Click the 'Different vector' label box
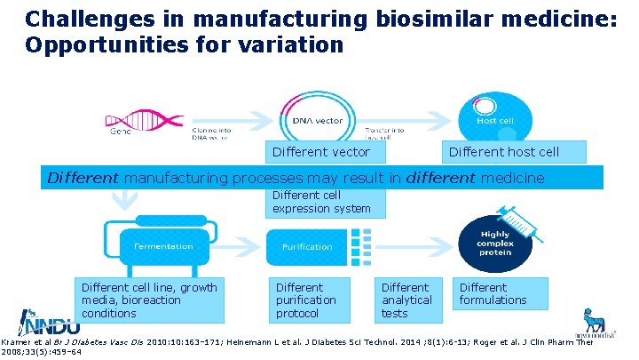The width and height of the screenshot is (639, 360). pyautogui.click(x=320, y=152)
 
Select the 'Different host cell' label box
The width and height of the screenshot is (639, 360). pyautogui.click(x=503, y=152)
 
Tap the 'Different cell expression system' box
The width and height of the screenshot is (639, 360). pyautogui.click(x=325, y=202)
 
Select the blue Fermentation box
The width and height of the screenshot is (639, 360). pyautogui.click(x=162, y=246)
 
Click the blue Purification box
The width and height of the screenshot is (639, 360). pyautogui.click(x=307, y=246)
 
